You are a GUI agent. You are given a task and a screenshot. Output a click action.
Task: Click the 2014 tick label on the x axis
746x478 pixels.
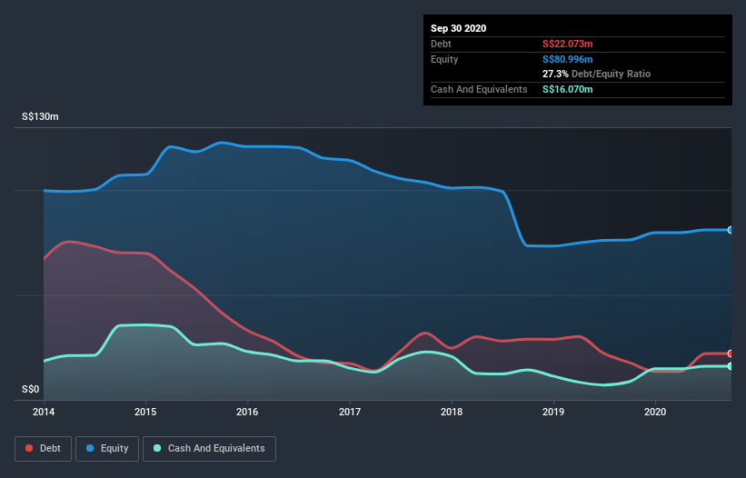pos(44,412)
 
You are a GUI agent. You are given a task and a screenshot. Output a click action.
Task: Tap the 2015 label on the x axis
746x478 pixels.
pos(145,412)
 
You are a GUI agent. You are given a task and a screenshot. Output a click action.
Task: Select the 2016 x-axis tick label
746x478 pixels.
pos(247,412)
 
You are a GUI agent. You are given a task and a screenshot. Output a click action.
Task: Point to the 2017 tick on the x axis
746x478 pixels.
pos(350,412)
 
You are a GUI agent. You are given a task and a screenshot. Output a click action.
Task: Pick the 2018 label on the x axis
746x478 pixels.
pos(452,412)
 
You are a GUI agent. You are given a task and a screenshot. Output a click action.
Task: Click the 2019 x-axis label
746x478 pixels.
pos(553,412)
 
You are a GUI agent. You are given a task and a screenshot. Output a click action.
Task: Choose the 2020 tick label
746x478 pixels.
pos(655,412)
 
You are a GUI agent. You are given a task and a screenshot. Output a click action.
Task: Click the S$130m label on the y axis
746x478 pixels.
pos(41,117)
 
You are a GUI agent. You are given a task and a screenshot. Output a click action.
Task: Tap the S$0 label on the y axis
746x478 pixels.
pos(31,389)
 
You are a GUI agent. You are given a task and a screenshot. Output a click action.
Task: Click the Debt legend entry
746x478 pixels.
pos(42,448)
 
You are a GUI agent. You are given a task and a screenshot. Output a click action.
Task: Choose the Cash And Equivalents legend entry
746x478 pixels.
pos(209,448)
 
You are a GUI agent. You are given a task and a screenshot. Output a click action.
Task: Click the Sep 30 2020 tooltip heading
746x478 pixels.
pos(459,28)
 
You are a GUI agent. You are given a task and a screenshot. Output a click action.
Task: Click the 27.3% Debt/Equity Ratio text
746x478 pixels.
pos(596,74)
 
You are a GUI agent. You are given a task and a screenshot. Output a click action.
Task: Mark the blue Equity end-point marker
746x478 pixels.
pos(731,230)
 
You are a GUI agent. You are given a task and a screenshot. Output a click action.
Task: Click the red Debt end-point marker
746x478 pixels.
pos(731,354)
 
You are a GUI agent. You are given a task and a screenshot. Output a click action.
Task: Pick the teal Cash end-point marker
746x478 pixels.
pos(731,366)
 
